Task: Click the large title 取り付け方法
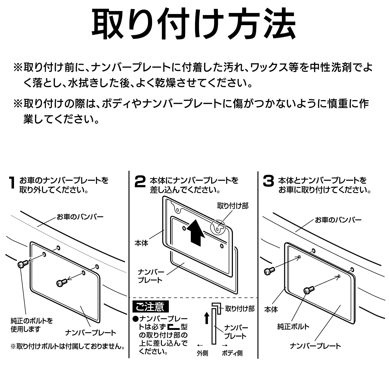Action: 194,25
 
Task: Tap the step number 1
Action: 12,183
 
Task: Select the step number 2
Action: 140,182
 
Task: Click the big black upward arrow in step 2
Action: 196,232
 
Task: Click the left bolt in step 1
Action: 23,264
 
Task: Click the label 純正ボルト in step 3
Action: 293,327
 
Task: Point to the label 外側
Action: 202,353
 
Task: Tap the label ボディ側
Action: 232,353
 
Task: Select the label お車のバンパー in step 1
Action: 80,217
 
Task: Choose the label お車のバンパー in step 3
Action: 338,220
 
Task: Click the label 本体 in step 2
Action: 141,243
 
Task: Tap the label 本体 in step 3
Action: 271,309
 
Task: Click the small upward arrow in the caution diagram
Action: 207,318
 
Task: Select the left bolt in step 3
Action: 269,272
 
